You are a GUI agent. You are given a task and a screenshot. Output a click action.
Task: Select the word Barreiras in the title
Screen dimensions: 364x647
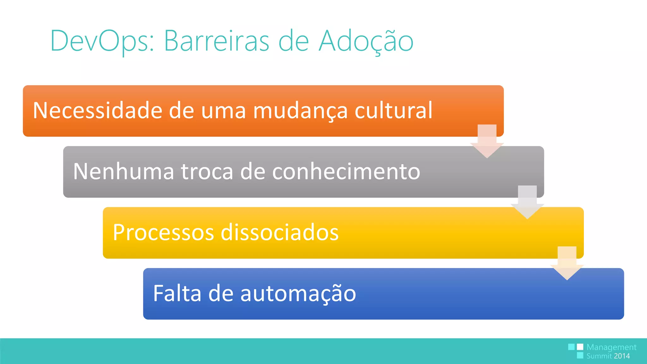[x=216, y=41]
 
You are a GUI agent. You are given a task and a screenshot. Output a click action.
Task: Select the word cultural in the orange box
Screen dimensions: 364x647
[x=393, y=110]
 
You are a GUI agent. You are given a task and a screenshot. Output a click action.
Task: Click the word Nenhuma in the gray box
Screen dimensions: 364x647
[x=123, y=171]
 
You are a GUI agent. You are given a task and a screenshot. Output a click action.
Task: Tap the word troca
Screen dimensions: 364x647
[x=207, y=171]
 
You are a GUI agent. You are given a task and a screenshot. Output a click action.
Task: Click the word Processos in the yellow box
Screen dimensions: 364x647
[x=163, y=233]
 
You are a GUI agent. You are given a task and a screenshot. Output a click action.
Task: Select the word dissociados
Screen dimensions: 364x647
[x=280, y=233]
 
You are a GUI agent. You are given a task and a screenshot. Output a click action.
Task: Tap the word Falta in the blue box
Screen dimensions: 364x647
[x=177, y=293]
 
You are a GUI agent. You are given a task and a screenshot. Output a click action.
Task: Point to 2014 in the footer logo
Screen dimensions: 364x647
[x=622, y=356]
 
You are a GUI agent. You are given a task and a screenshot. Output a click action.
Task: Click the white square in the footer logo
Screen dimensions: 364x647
[x=580, y=347]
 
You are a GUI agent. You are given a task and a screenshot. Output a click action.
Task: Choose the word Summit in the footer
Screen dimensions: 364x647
[x=599, y=356]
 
